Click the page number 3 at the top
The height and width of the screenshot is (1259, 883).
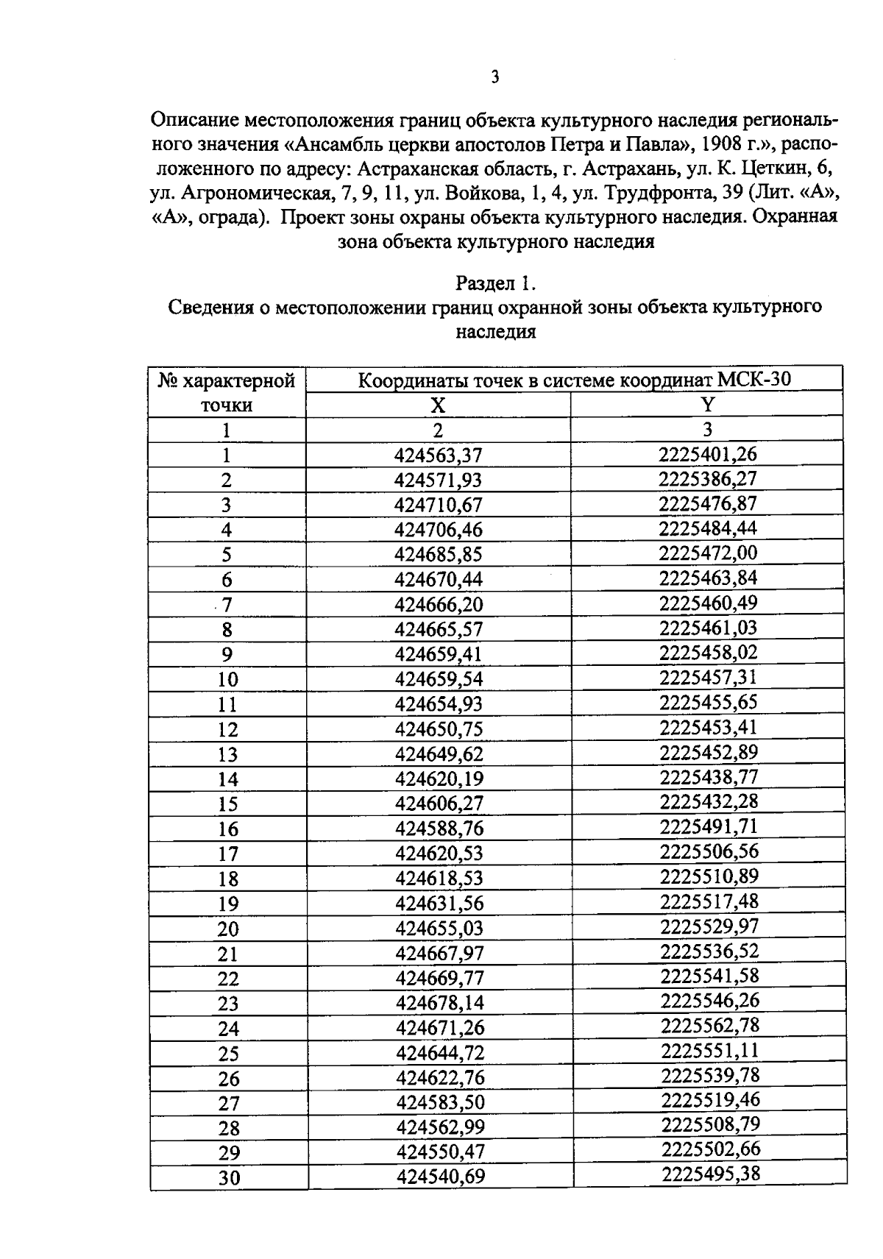[x=494, y=77]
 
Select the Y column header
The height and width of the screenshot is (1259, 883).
[x=707, y=404]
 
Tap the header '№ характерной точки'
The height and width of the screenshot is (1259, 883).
[x=227, y=393]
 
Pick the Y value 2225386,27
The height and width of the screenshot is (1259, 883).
[x=707, y=479]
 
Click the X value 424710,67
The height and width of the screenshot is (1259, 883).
[x=439, y=505]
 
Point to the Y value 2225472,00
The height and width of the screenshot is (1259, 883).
[x=708, y=553]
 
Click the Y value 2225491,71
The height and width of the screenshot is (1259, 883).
[x=709, y=826]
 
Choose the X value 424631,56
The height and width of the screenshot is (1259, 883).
[x=439, y=903]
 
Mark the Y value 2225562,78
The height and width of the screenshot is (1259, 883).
[x=709, y=1025]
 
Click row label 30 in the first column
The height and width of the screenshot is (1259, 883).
[x=229, y=1178]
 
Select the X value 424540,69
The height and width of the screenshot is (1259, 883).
[x=441, y=1177]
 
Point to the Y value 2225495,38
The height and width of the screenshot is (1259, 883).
[x=710, y=1174]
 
